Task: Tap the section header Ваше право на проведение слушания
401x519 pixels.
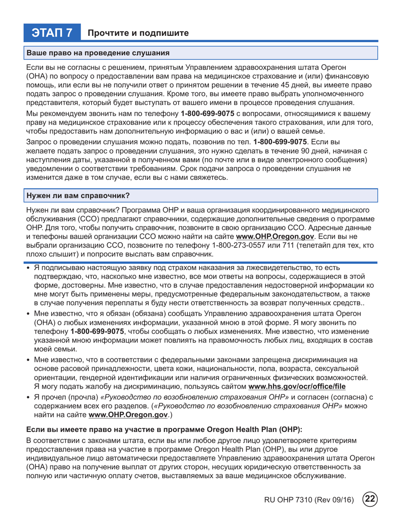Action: [x=98, y=54]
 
